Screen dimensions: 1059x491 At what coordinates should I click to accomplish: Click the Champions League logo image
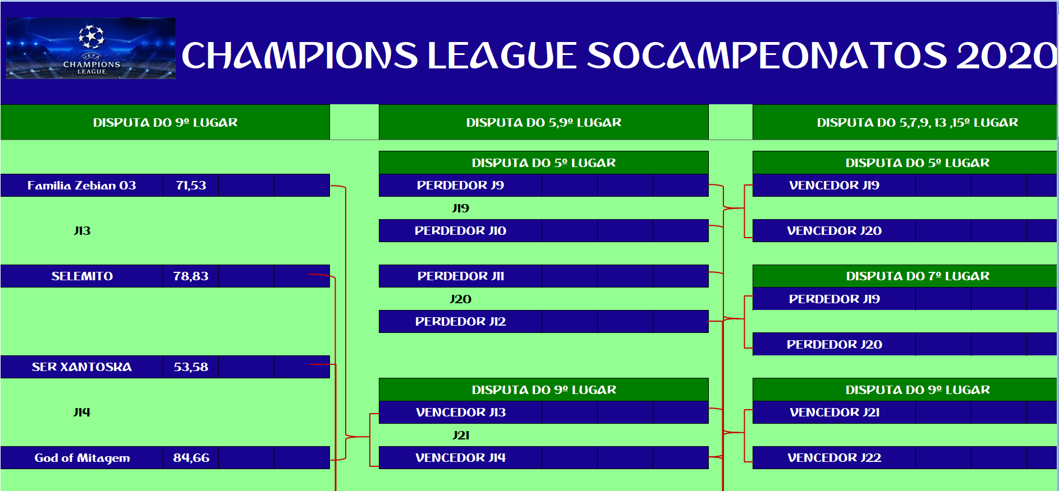click(x=91, y=48)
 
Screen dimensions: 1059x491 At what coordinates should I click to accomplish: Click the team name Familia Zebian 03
click(x=82, y=186)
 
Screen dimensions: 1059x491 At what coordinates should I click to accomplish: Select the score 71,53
click(x=191, y=186)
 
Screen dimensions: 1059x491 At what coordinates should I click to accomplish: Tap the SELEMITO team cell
click(x=82, y=276)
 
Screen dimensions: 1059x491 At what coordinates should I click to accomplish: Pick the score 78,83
click(x=191, y=276)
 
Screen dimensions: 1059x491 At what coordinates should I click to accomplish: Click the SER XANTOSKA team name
click(x=82, y=367)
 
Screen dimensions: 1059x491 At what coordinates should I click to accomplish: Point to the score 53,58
click(x=191, y=367)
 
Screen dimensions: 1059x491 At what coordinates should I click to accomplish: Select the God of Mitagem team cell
click(x=82, y=458)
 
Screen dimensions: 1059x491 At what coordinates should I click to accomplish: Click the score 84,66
click(x=191, y=458)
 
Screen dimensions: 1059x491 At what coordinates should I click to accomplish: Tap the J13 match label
click(x=82, y=231)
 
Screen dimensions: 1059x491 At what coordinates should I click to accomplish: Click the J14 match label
click(x=82, y=413)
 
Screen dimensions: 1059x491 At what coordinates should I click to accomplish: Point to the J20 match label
click(x=461, y=299)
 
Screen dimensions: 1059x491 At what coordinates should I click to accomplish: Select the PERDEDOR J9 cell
click(x=460, y=186)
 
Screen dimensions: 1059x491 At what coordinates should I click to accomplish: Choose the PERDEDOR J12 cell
click(x=460, y=322)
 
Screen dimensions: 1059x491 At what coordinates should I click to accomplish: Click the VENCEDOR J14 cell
click(x=460, y=458)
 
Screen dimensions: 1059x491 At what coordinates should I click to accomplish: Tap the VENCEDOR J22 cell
click(x=834, y=458)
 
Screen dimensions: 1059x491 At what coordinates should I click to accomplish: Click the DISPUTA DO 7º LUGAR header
click(x=918, y=276)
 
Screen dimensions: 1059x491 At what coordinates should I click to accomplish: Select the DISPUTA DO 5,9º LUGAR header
click(x=544, y=122)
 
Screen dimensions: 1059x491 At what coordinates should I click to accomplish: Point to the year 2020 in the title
click(x=1006, y=55)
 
